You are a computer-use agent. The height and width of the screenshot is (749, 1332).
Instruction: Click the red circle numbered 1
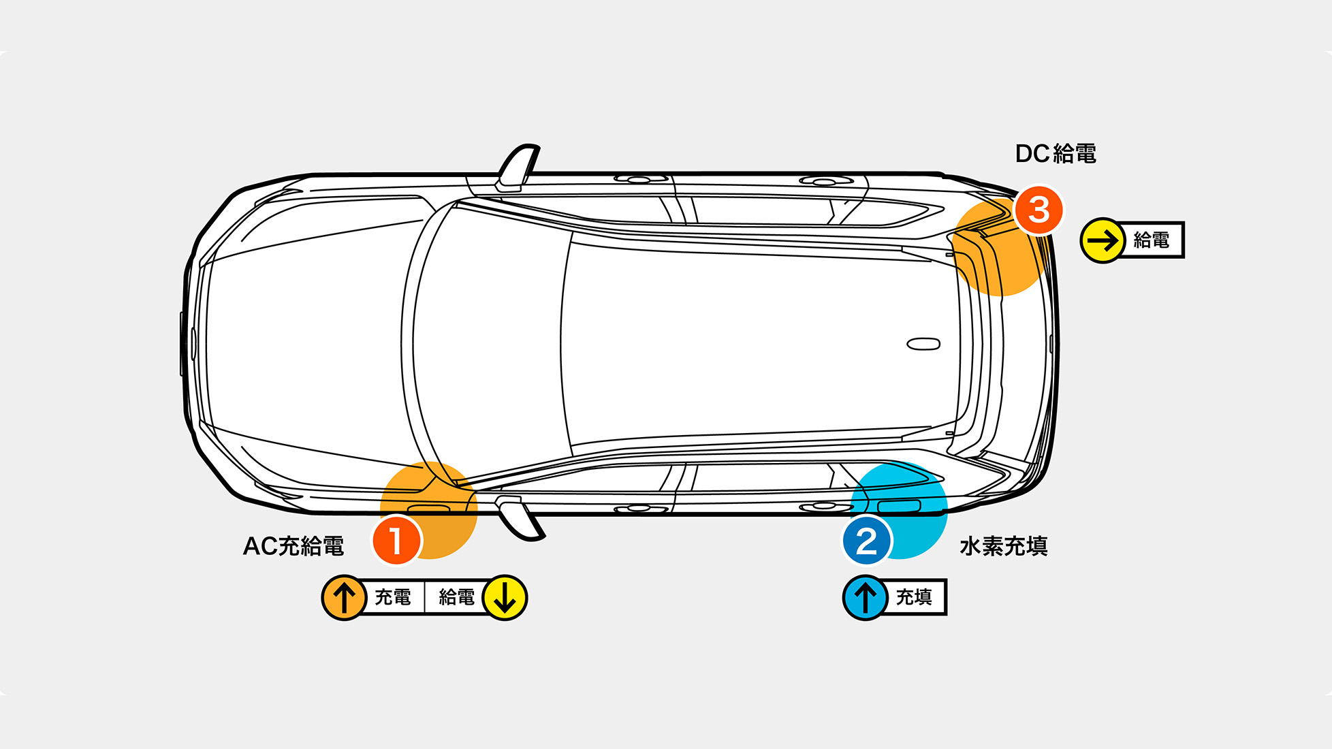(396, 541)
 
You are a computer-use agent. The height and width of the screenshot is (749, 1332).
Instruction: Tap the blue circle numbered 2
(866, 541)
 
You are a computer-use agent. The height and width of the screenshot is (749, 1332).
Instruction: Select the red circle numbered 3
(1038, 210)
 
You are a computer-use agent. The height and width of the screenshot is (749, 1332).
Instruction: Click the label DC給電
(1056, 154)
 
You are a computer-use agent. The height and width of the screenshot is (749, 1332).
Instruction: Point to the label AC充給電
(294, 546)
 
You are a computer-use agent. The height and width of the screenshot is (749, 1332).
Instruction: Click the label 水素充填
(1003, 546)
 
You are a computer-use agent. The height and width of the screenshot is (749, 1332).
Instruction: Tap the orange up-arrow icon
(344, 597)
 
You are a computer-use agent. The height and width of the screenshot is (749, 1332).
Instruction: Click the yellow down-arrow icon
(505, 597)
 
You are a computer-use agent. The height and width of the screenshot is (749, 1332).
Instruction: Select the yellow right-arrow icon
(1103, 240)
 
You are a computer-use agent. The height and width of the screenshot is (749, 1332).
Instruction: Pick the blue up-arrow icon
(865, 597)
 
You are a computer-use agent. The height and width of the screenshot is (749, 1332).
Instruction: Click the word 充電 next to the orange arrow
(393, 597)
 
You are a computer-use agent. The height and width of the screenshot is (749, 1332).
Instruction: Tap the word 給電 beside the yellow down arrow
(456, 597)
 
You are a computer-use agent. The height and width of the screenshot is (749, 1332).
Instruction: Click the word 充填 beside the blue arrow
(913, 597)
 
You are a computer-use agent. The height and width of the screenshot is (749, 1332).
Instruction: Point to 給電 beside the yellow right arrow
(1151, 240)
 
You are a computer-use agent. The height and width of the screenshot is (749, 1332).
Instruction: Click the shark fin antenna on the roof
(923, 344)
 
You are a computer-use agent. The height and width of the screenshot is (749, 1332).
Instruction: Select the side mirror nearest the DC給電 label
(518, 168)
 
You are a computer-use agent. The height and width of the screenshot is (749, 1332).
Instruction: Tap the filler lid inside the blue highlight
(899, 506)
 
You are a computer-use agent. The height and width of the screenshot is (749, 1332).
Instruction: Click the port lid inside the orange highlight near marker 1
(428, 509)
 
